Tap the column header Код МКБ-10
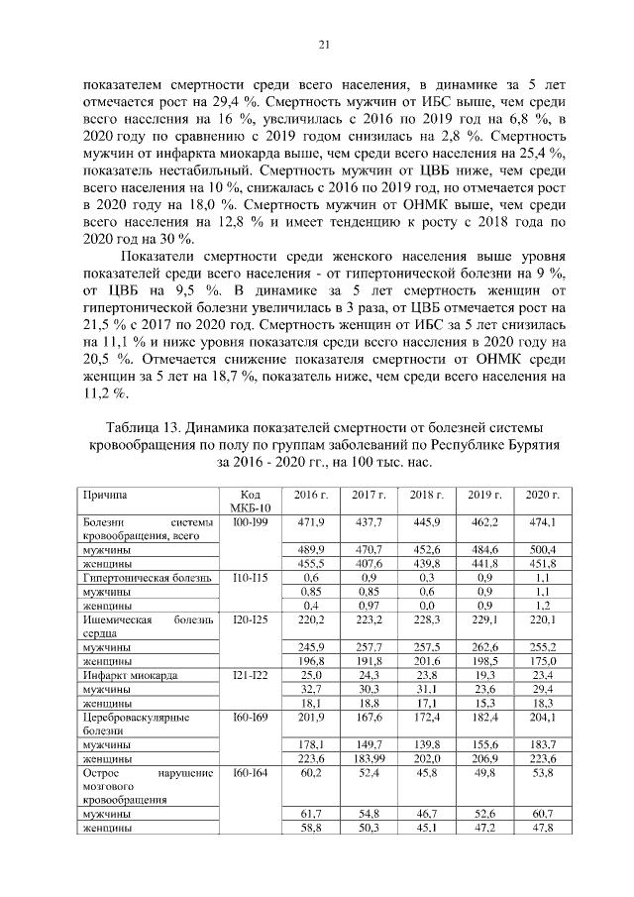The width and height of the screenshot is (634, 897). pyautogui.click(x=243, y=502)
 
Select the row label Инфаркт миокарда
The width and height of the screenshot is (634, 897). pyautogui.click(x=131, y=675)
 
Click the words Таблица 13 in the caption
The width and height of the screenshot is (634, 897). pyautogui.click(x=146, y=426)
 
